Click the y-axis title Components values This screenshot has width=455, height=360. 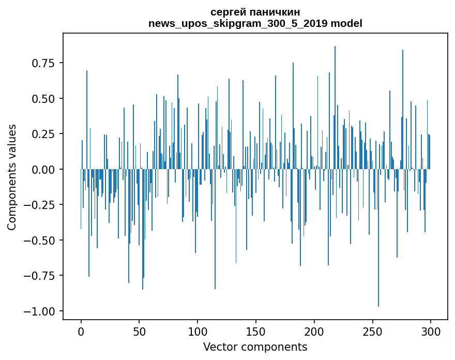tap(12, 177)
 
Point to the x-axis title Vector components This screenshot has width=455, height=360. tap(255, 347)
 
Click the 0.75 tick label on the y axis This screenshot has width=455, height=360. tap(43, 63)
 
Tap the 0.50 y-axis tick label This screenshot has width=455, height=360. tap(43, 98)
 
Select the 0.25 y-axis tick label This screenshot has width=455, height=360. tap(43, 134)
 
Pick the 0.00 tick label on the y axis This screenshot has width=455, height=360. tap(43, 169)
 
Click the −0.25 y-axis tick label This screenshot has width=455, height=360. tap(40, 205)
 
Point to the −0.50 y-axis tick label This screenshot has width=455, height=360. tap(40, 240)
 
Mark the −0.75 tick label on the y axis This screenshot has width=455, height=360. tap(40, 276)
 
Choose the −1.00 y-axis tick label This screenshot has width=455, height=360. tap(40, 311)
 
